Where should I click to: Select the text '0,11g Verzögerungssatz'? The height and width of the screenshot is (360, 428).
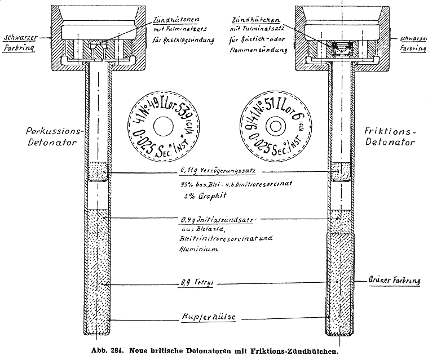coord(213,171)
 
